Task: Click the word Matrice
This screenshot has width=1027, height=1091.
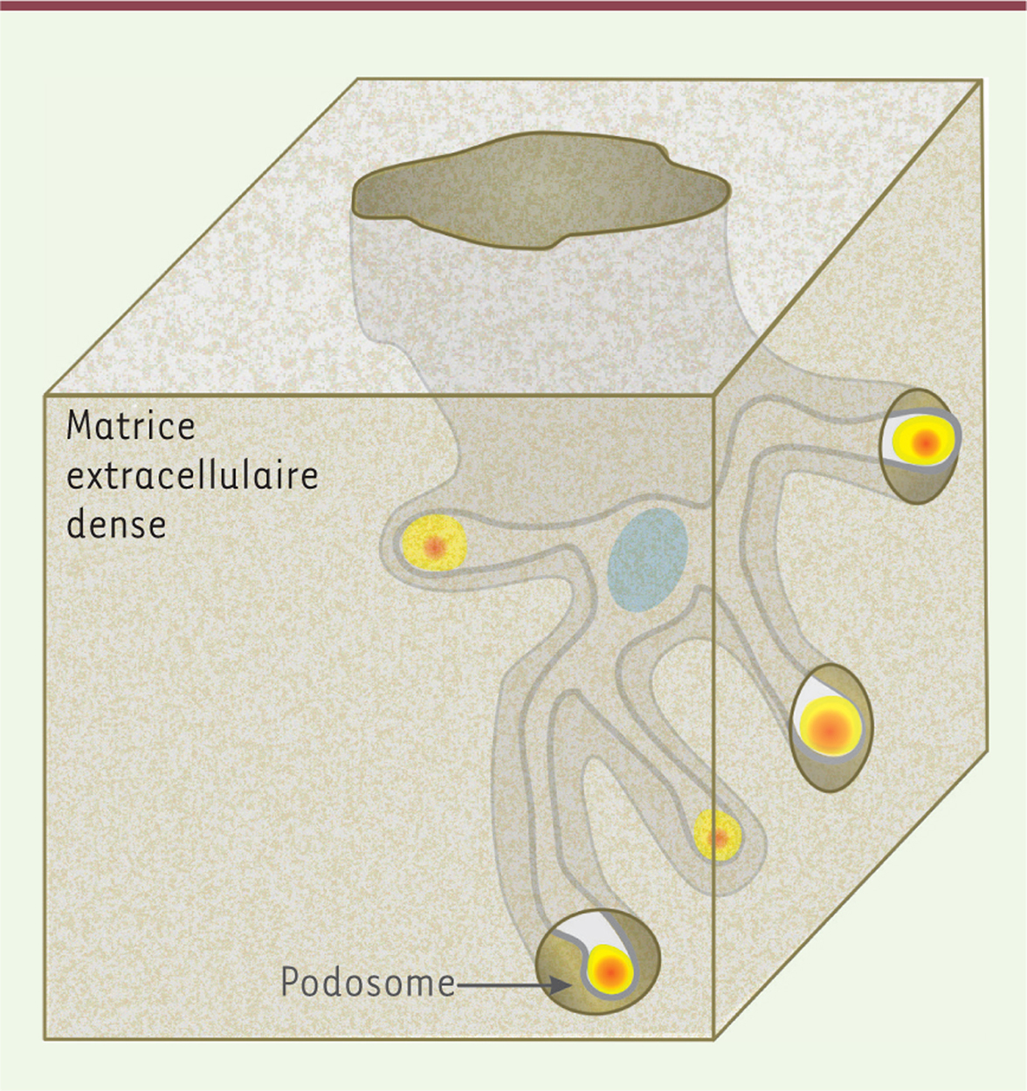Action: click(131, 426)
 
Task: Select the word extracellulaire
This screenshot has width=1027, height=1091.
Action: click(192, 476)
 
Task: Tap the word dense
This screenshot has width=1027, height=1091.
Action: click(116, 524)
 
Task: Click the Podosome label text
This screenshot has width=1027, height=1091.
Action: click(368, 982)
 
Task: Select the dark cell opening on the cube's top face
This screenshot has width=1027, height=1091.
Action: click(541, 190)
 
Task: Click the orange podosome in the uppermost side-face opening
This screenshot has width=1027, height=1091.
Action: click(927, 441)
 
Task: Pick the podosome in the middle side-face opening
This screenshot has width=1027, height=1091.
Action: click(830, 727)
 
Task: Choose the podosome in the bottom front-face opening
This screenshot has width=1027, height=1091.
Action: click(609, 971)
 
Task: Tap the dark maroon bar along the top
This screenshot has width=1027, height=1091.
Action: click(513, 5)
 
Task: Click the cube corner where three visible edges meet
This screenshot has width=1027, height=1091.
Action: click(714, 395)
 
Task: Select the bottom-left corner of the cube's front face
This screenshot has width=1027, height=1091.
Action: click(45, 1040)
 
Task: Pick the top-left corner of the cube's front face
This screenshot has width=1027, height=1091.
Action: click(45, 395)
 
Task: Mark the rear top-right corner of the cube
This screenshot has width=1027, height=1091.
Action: click(982, 80)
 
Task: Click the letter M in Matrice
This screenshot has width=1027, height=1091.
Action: click(78, 426)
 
